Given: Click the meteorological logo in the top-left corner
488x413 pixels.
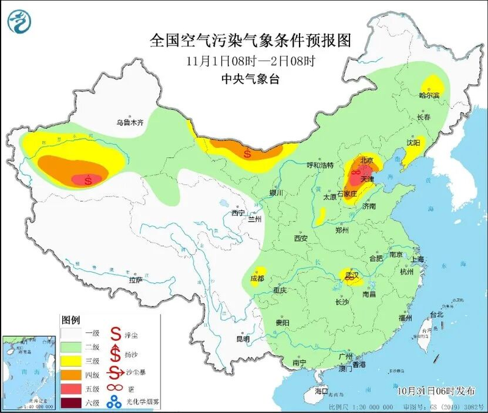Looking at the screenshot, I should (x=18, y=21).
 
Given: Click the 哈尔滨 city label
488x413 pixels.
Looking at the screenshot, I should (x=429, y=95).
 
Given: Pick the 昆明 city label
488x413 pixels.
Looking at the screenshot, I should (x=243, y=339).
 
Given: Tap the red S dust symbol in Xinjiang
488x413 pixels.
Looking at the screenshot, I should (x=89, y=180).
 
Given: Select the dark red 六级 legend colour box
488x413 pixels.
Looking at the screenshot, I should (x=72, y=402).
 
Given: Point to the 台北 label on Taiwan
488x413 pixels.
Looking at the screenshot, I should (x=437, y=315).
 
